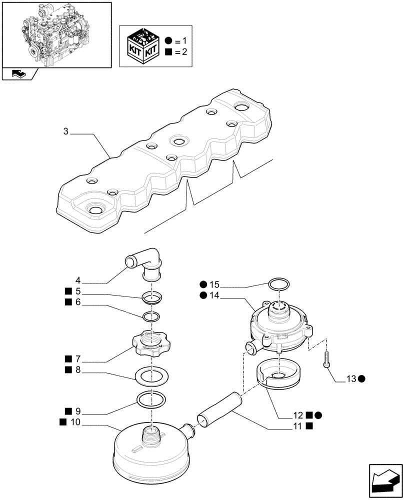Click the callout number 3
pos(66,131)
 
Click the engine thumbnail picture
pos(56,34)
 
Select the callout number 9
pos(77,412)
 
